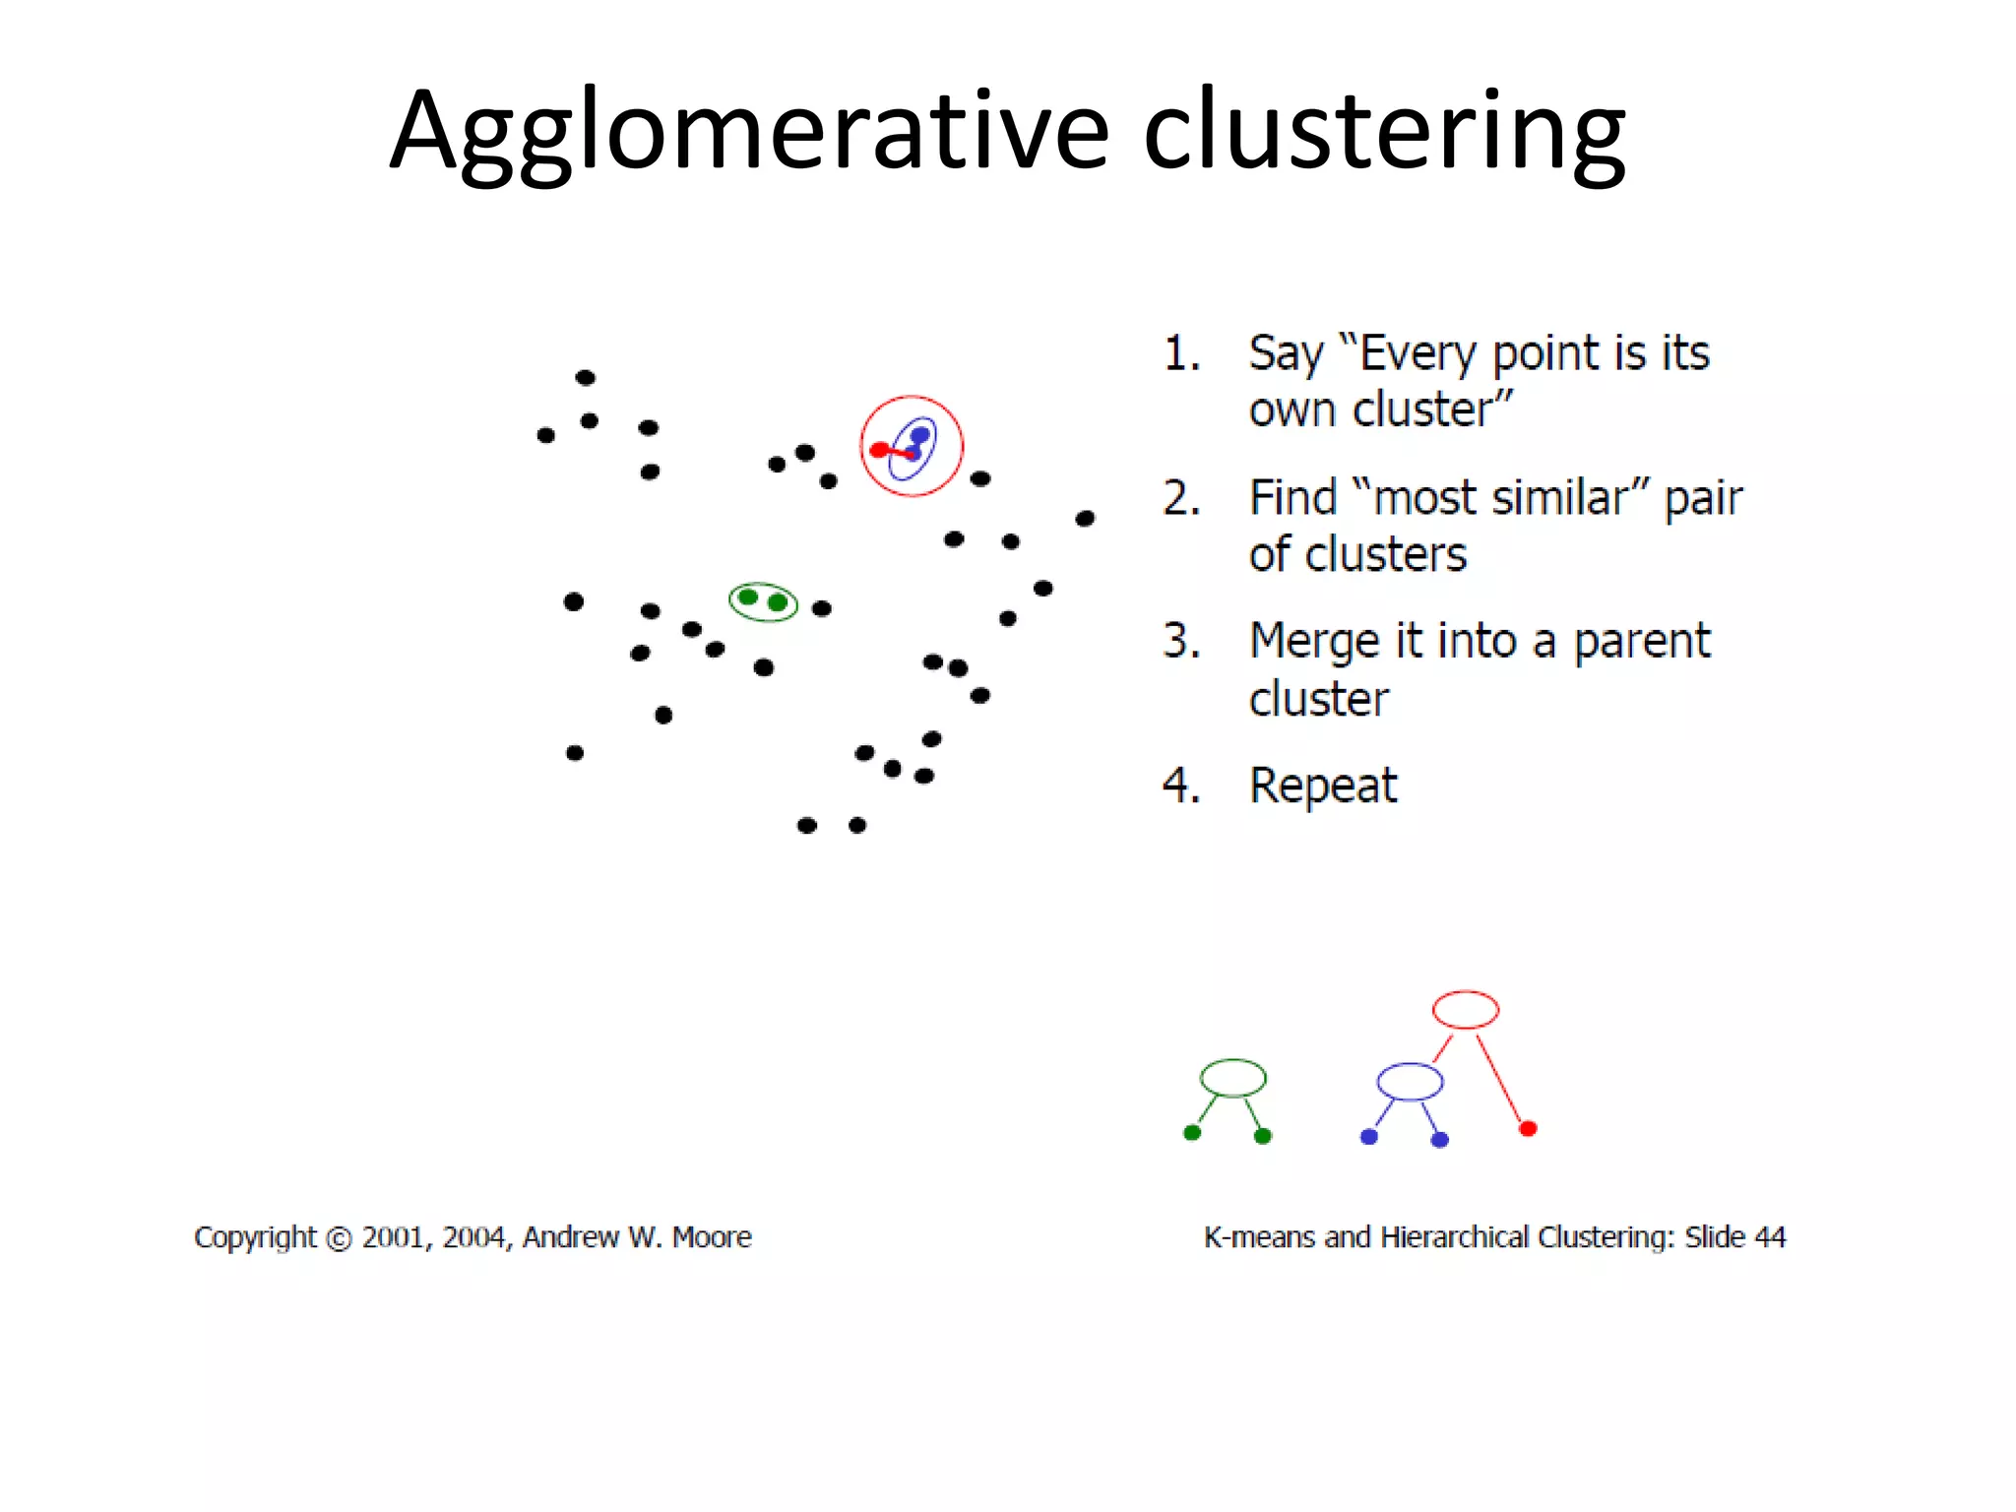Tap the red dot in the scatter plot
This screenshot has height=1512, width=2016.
click(x=879, y=450)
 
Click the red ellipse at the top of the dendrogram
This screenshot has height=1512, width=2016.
click(x=1465, y=1010)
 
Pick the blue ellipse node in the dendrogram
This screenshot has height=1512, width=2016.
click(x=1410, y=1082)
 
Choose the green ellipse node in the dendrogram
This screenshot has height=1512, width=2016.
click(x=1232, y=1078)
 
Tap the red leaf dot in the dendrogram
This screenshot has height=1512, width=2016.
click(x=1528, y=1129)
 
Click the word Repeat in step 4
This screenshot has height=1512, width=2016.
click(x=1322, y=786)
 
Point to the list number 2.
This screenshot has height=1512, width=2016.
click(x=1180, y=498)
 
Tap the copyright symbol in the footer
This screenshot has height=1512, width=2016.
click(x=339, y=1238)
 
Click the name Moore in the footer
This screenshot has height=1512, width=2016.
click(x=712, y=1236)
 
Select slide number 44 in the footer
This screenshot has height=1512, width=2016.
click(x=1770, y=1236)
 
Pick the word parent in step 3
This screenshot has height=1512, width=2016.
click(x=1641, y=642)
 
